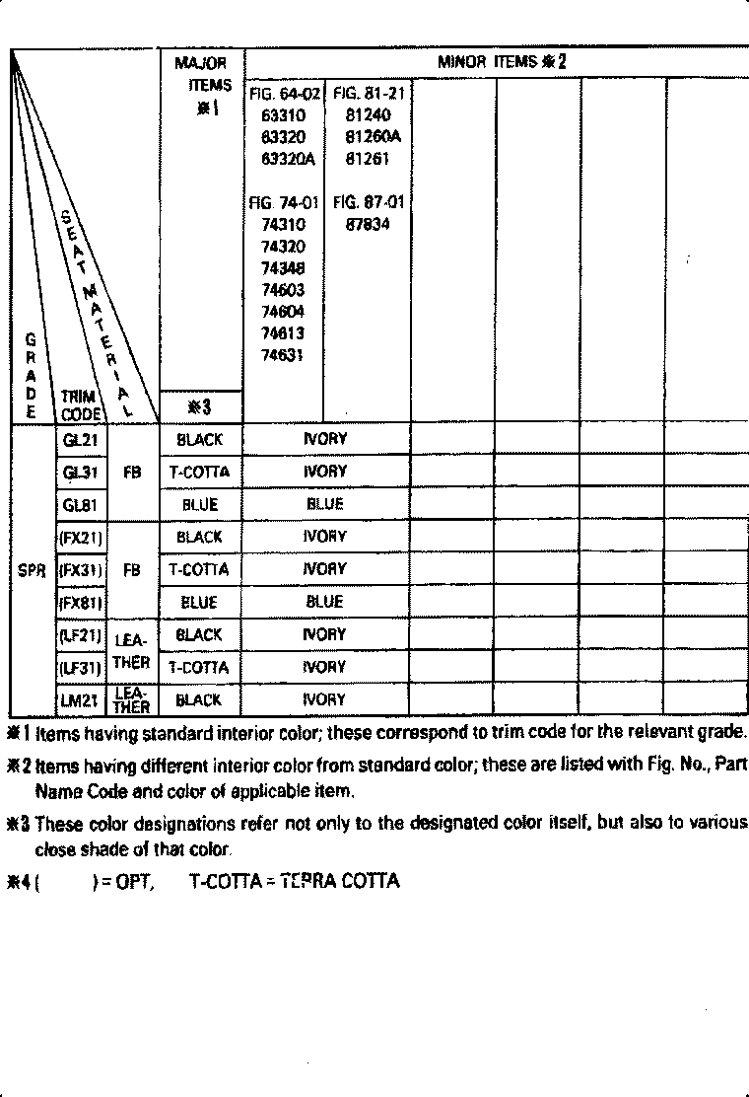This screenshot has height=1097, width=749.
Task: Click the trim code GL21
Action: coord(80,440)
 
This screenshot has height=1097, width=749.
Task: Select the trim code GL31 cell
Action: coord(80,473)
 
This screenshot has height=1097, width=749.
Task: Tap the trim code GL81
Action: coord(80,505)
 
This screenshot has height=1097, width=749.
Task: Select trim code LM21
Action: coord(80,700)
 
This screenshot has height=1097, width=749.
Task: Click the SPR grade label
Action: coord(33,570)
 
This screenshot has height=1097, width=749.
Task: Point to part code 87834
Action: coord(368,224)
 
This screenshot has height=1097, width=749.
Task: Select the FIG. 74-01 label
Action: coord(284,203)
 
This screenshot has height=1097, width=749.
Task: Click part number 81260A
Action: coord(368,137)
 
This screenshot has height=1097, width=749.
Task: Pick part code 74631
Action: coord(284,355)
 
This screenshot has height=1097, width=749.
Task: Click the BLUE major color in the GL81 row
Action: coord(200,505)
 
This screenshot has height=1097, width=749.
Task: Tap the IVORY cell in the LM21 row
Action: coord(325,700)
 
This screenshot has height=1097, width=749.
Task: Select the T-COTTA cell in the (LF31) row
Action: coord(199,668)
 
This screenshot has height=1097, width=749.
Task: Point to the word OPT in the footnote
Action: coord(131,881)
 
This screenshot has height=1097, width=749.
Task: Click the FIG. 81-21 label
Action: coord(368,94)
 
